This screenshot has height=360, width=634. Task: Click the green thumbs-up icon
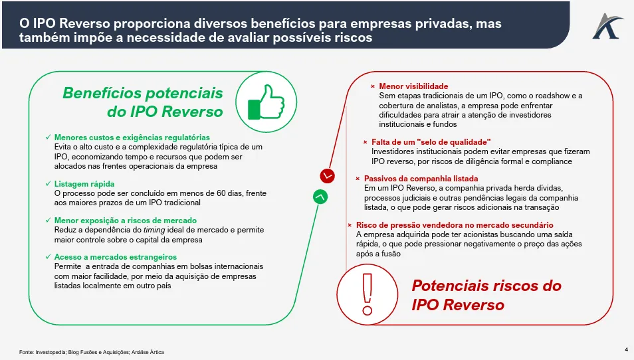[266, 102]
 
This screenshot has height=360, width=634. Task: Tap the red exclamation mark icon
[367, 294]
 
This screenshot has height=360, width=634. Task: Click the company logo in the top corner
[607, 27]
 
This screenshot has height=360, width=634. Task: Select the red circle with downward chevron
[327, 176]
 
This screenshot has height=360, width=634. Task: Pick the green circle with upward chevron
[320, 197]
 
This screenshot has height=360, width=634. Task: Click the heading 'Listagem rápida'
[84, 184]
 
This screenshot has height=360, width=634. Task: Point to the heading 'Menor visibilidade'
[413, 86]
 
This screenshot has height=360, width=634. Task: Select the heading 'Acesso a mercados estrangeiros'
[115, 257]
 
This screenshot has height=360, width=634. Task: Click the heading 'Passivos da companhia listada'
[421, 179]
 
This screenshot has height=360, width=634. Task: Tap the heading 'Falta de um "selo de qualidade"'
[431, 142]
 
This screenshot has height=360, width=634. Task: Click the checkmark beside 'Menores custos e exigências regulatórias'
[49, 137]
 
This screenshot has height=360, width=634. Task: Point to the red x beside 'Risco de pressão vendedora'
[350, 225]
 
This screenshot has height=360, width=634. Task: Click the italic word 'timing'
[154, 230]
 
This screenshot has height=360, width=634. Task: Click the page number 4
[626, 349]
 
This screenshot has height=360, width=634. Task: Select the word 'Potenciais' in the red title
[450, 286]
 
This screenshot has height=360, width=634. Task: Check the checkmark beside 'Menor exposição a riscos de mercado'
[49, 221]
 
